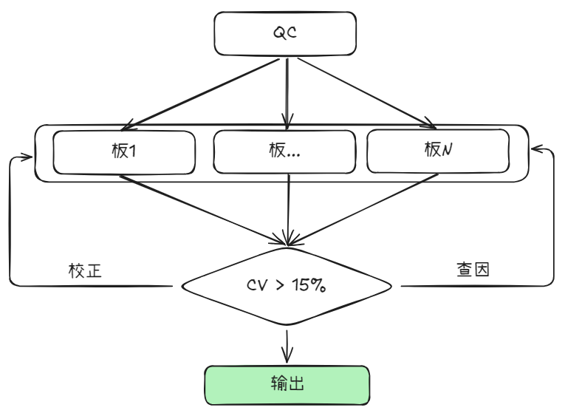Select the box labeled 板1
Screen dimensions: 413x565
click(124, 151)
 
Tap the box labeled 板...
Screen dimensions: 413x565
click(284, 151)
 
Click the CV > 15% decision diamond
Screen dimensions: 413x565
click(287, 285)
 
